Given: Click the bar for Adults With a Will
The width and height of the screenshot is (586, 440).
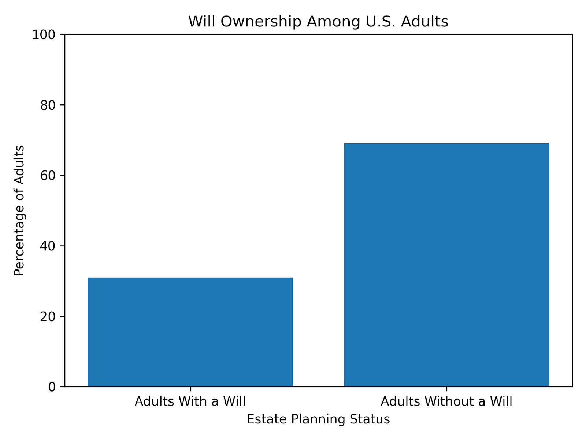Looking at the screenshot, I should point(190,332).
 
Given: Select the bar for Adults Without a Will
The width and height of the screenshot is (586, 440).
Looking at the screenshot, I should point(446,265).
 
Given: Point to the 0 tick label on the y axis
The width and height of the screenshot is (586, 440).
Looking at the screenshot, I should point(52,387).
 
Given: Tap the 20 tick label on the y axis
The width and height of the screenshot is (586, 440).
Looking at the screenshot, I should point(48,316).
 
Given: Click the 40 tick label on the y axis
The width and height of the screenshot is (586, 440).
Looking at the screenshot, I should point(48,246).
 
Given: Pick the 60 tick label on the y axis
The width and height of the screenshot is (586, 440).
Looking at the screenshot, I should point(48,176).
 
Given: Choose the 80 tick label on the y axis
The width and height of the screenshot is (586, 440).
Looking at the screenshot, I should point(48,105).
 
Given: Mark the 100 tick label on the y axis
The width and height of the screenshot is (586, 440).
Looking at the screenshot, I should point(44,35).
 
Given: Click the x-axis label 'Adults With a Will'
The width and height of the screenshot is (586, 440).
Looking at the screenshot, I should point(190,401).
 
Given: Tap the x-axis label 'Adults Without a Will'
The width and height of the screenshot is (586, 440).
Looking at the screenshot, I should point(446,401).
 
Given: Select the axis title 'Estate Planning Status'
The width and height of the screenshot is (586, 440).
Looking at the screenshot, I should point(318,419).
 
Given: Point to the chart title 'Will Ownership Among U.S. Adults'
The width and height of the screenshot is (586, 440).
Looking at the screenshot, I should point(318,22).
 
